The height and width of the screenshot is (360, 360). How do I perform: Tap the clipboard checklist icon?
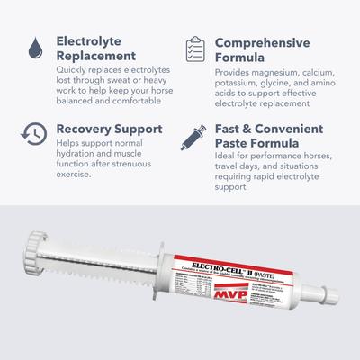pos(194,49)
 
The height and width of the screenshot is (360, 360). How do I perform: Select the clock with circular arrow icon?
pos(32,132)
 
